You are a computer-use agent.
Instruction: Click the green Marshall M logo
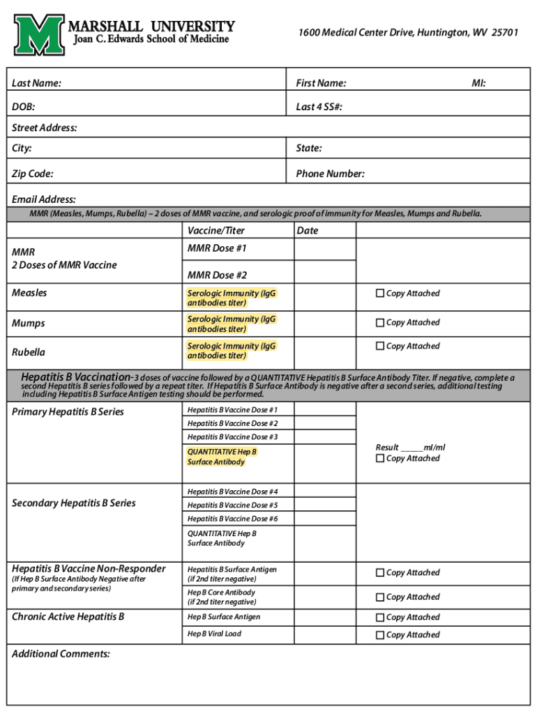(41, 36)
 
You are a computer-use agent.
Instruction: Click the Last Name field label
(36, 84)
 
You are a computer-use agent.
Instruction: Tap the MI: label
(478, 84)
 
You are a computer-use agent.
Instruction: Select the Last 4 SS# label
(319, 107)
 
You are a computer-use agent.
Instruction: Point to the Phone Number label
(330, 174)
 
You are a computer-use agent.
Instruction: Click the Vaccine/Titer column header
(216, 231)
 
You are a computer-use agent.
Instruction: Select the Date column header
(307, 231)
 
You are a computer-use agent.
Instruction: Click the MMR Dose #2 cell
(217, 275)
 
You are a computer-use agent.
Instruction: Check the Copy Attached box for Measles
(380, 294)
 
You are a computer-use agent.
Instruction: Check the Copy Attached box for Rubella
(380, 346)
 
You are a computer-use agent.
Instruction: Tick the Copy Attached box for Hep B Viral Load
(380, 635)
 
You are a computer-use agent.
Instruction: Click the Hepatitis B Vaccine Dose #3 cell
(232, 437)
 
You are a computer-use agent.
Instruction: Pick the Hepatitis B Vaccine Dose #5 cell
(232, 506)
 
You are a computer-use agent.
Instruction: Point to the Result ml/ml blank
(411, 448)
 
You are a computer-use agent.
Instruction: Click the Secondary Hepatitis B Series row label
(74, 503)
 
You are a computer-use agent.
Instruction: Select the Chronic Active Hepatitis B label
(68, 617)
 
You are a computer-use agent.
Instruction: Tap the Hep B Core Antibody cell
(221, 597)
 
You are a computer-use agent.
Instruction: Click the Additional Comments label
(61, 654)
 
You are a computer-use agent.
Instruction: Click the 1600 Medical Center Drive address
(408, 33)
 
